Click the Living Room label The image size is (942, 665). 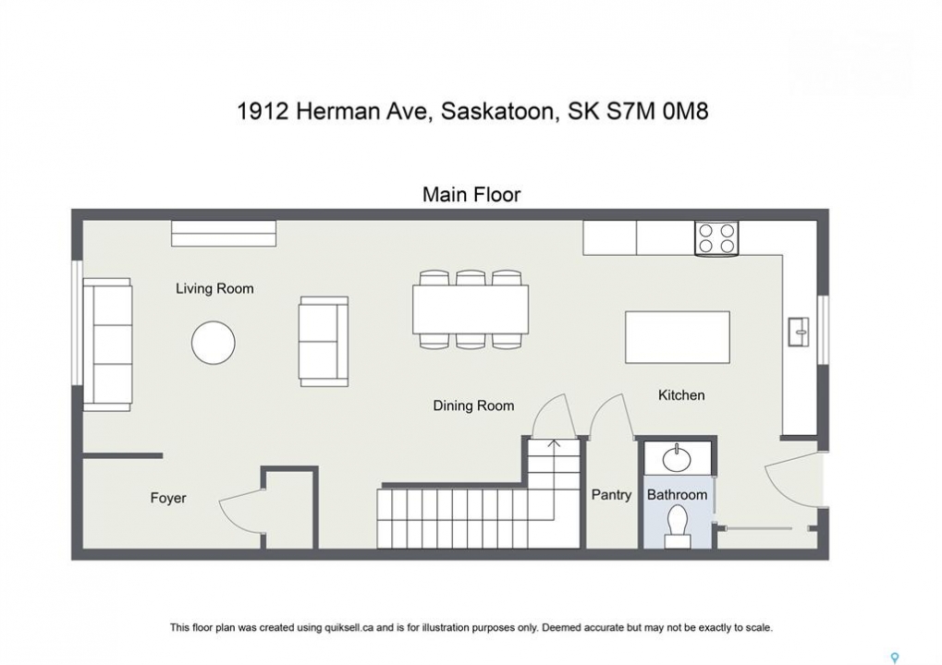[x=214, y=289]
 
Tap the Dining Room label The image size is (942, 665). [x=473, y=405]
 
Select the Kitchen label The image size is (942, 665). [x=681, y=395]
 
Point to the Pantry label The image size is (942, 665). [x=612, y=494]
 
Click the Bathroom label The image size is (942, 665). [x=677, y=494]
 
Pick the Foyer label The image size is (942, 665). [x=168, y=498]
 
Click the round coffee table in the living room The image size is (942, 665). [x=214, y=343]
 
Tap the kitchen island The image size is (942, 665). [x=678, y=337]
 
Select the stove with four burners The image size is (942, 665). [x=716, y=238]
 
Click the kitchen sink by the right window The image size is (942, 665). [x=799, y=332]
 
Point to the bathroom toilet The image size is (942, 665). [x=677, y=526]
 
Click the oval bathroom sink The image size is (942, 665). [x=677, y=459]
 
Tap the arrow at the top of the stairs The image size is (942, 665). [x=554, y=444]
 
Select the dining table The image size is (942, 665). [x=471, y=309]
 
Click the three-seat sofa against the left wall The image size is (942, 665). [x=107, y=345]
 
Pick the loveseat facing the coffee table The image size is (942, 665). [x=324, y=341]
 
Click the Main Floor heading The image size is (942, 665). [x=471, y=195]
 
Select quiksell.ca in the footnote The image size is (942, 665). [x=349, y=628]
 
